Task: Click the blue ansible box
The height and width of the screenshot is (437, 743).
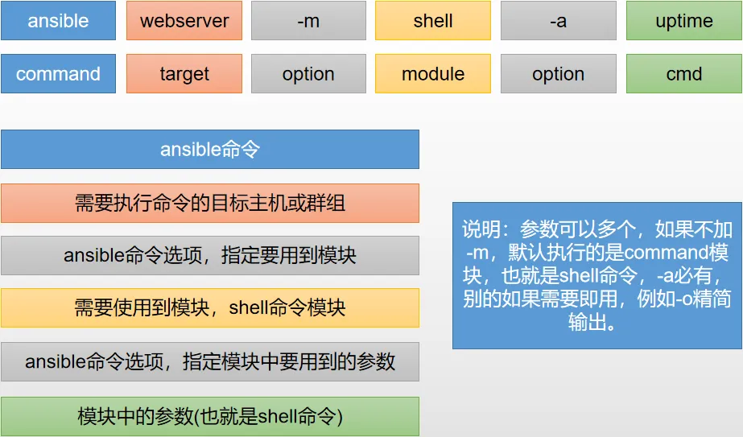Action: click(58, 20)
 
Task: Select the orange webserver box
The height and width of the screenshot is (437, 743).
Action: click(184, 20)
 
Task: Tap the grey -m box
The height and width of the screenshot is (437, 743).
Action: click(308, 20)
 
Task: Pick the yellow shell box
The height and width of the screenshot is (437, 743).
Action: click(433, 20)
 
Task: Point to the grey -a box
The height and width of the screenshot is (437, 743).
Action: click(558, 20)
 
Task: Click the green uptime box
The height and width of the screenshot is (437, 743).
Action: click(683, 20)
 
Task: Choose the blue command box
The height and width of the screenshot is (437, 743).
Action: click(58, 73)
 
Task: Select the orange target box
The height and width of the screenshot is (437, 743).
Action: click(184, 73)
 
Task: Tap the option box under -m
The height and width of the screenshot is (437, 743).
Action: click(308, 73)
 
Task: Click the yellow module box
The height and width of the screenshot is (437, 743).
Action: click(433, 73)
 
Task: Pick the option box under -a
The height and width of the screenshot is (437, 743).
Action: click(558, 73)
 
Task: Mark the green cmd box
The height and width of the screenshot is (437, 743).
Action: click(683, 73)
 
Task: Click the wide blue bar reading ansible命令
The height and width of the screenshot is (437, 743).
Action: click(210, 150)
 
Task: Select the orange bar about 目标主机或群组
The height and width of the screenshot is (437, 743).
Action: click(210, 203)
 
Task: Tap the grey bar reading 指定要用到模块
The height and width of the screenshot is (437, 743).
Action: click(210, 255)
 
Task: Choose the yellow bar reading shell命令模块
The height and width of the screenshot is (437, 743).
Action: click(210, 307)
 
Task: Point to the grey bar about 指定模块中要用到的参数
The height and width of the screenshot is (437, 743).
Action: click(210, 361)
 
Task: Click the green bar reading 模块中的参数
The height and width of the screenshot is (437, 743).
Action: click(210, 416)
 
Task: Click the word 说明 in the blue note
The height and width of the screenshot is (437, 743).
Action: click(481, 229)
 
